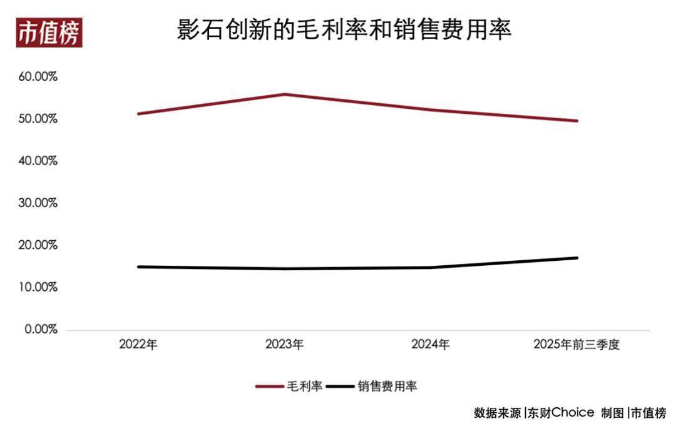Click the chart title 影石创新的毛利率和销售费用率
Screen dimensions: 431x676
point(344,29)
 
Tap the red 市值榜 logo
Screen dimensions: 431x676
point(49,33)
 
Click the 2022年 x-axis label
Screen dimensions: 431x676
point(138,345)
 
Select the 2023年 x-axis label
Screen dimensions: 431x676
point(284,345)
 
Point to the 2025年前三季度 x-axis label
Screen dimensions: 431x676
point(576,345)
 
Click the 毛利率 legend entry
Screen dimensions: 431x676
point(290,387)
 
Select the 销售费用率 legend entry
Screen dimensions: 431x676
point(372,387)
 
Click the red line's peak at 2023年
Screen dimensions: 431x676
point(285,94)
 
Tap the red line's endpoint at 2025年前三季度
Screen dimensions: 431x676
point(576,121)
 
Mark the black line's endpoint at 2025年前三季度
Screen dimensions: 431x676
point(576,258)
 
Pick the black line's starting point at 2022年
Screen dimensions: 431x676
point(138,267)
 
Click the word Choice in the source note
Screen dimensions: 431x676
point(572,413)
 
